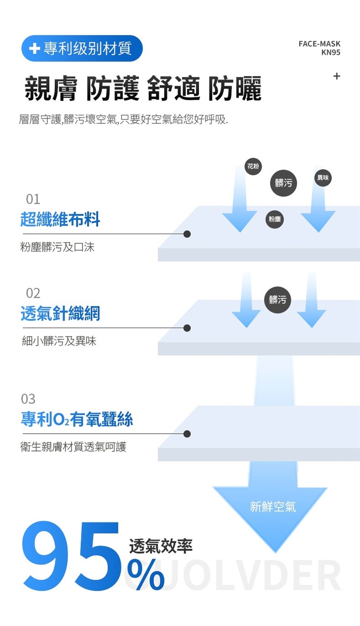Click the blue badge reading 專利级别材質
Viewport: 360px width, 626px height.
click(82, 48)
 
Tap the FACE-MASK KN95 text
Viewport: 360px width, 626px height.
click(319, 48)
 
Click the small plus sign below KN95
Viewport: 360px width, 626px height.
click(337, 76)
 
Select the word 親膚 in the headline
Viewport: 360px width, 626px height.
click(51, 89)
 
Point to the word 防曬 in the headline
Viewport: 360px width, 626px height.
click(235, 89)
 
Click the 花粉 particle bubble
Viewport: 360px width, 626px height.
click(253, 166)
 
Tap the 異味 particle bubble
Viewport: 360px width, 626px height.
click(323, 178)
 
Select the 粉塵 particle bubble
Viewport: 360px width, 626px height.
click(275, 219)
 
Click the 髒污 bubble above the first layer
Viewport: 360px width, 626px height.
click(283, 183)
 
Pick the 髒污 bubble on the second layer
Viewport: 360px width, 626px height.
click(277, 300)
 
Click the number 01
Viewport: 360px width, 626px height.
click(33, 199)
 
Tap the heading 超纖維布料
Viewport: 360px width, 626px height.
click(60, 219)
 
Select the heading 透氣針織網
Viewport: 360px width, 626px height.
click(60, 314)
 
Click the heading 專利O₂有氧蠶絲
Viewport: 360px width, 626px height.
click(77, 419)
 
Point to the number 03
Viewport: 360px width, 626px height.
click(28, 399)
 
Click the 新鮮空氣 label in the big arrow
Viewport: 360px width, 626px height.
click(273, 507)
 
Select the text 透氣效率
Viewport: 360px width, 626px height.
click(161, 546)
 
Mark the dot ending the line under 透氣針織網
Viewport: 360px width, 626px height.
click(187, 328)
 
